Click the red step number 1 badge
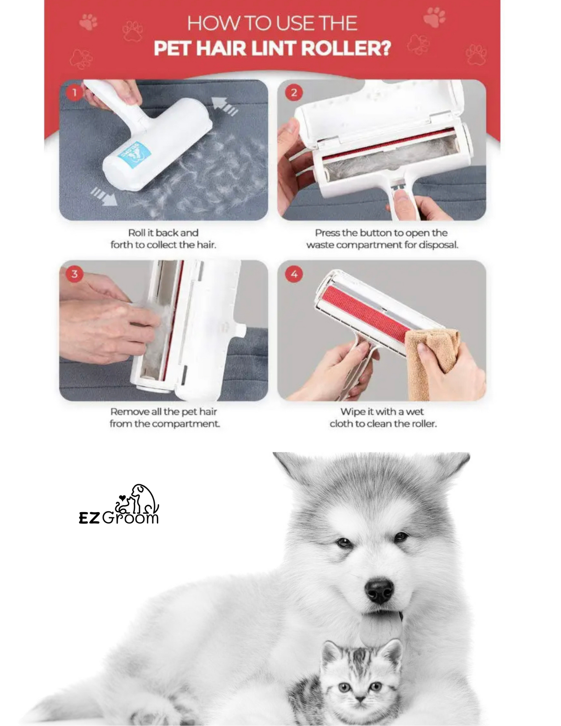pos(74,93)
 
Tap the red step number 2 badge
pos(294,93)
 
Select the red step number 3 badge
pos(74,274)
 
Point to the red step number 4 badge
pos(294,274)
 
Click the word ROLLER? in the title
pos(346,49)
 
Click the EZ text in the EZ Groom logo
pos(89,518)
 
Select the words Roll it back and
pos(163,233)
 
